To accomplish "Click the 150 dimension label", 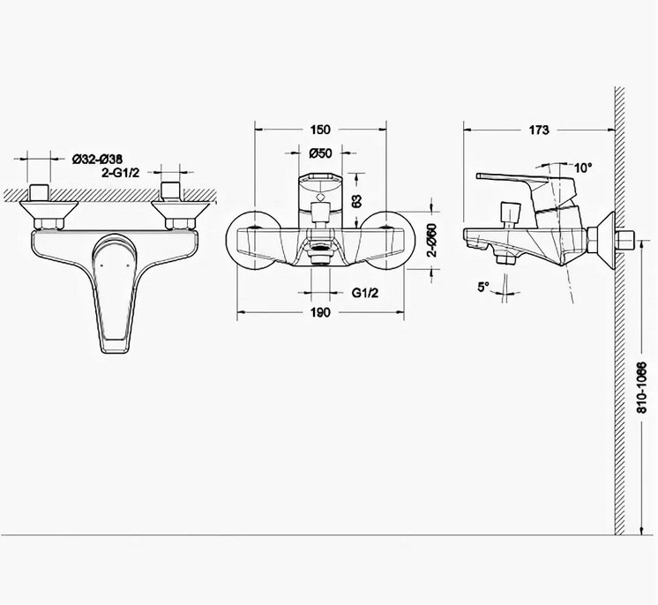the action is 320,130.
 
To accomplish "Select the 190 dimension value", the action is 320,312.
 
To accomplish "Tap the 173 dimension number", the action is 538,130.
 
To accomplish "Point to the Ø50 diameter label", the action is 320,153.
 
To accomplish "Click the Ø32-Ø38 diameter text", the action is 97,159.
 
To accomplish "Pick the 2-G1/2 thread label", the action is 120,173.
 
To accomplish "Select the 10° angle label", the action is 583,168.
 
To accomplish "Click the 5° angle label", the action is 483,287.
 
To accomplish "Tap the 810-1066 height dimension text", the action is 642,388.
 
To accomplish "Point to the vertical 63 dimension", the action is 356,200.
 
